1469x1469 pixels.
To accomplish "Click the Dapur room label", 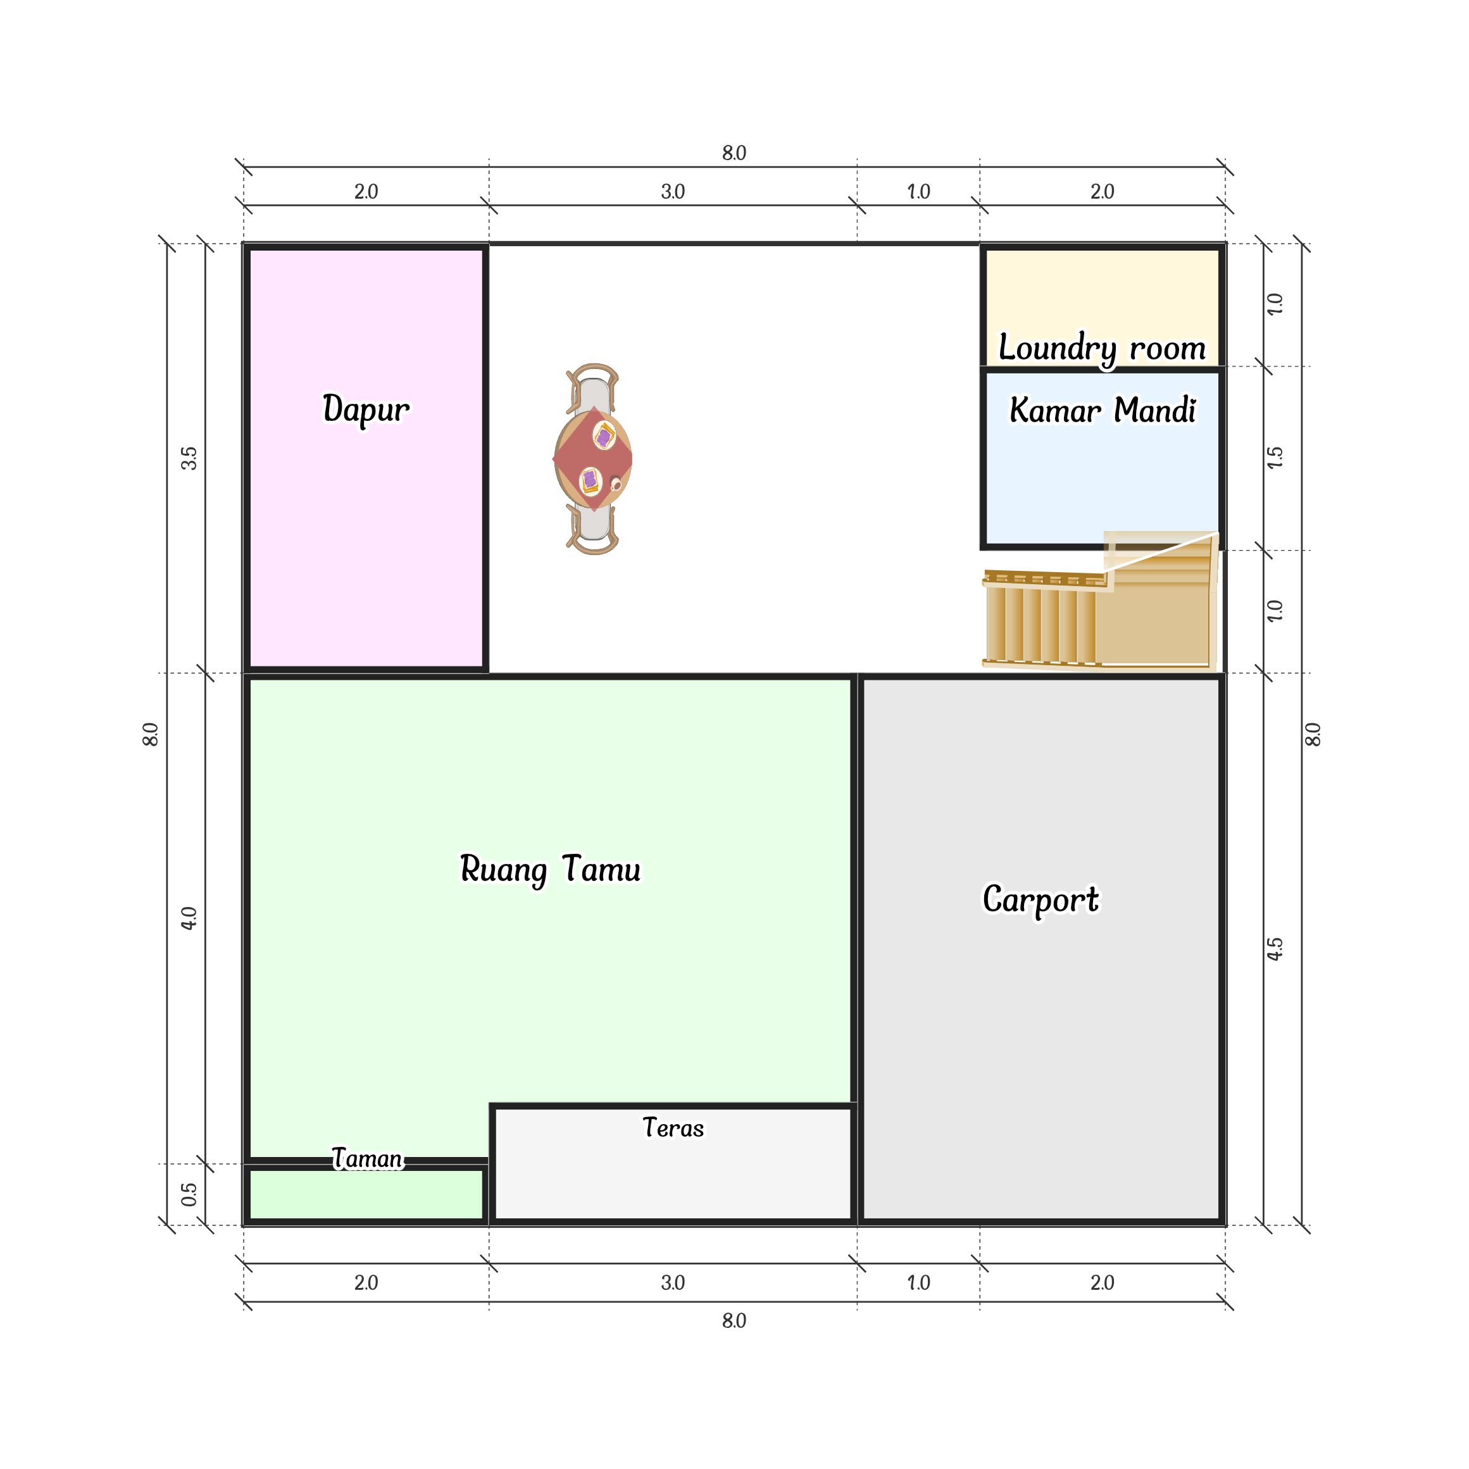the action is (366, 409).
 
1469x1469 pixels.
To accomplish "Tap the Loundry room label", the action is (1102, 349).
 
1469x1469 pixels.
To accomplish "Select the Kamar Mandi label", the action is (1103, 410).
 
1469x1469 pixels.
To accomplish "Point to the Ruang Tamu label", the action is (550, 870).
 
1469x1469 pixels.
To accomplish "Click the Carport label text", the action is (1040, 900).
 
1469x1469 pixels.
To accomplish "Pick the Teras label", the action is (673, 1128).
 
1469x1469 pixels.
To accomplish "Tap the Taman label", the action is (367, 1159).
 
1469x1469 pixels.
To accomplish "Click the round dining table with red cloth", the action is (593, 459).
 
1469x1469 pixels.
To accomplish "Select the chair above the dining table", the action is (592, 389).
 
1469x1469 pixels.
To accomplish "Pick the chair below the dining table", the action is (592, 529).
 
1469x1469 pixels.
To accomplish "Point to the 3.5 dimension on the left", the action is (189, 458).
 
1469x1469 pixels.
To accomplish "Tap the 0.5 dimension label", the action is (189, 1194).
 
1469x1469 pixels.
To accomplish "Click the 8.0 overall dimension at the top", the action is (734, 153).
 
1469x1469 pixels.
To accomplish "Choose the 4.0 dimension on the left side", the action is (189, 918).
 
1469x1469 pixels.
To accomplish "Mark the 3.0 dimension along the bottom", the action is (673, 1283).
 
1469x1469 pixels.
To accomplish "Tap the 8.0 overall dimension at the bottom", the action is (734, 1321).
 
